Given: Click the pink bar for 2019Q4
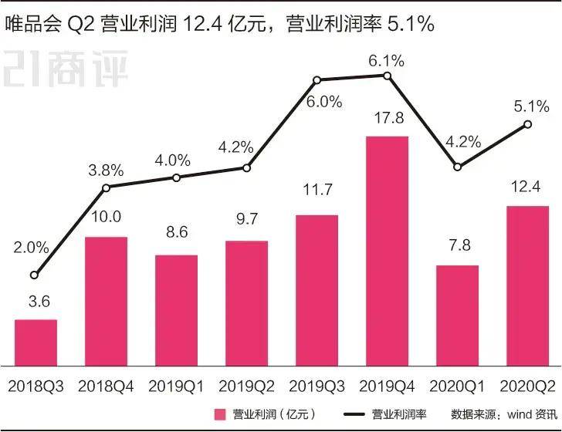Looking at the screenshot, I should click(387, 251).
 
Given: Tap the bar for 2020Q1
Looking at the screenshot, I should click(457, 315).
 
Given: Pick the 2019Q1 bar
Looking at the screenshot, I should click(176, 309).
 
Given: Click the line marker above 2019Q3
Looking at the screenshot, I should click(317, 79).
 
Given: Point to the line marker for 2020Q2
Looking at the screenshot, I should click(527, 124).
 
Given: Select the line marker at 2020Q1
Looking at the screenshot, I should click(457, 167).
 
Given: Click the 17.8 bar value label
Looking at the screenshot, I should click(387, 120).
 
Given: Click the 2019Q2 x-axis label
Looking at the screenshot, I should click(246, 383).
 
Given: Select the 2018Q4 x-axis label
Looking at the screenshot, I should click(106, 383).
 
